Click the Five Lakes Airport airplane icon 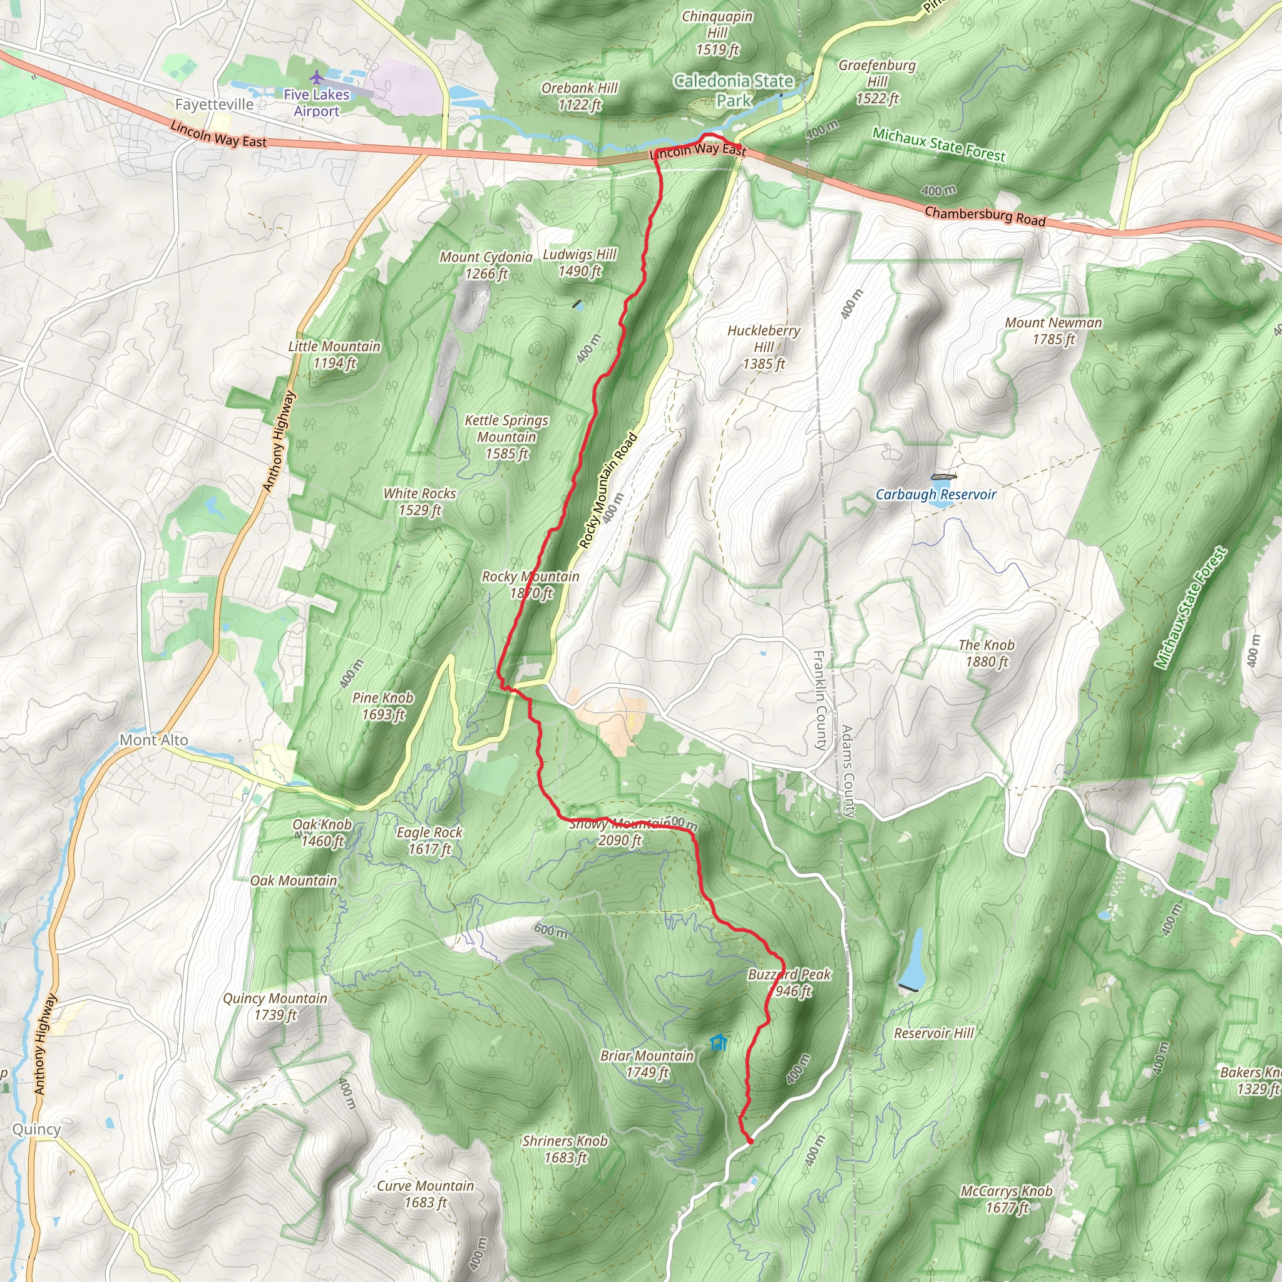pyautogui.click(x=317, y=78)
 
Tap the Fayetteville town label pyautogui.click(x=213, y=105)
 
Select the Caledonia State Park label pyautogui.click(x=734, y=91)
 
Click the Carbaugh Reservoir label pyautogui.click(x=936, y=495)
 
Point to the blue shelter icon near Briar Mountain pyautogui.click(x=718, y=1042)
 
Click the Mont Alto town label pyautogui.click(x=153, y=740)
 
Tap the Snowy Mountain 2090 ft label pyautogui.click(x=620, y=832)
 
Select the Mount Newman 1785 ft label pyautogui.click(x=1053, y=331)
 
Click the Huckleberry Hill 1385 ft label pyautogui.click(x=764, y=346)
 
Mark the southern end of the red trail pyautogui.click(x=751, y=1141)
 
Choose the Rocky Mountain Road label pyautogui.click(x=608, y=490)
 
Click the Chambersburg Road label pyautogui.click(x=985, y=217)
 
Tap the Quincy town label pyautogui.click(x=36, y=1129)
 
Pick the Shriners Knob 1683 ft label pyautogui.click(x=565, y=1149)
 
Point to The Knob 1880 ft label pyautogui.click(x=986, y=653)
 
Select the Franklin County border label pyautogui.click(x=820, y=700)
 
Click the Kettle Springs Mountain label pyautogui.click(x=506, y=437)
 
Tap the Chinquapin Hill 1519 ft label pyautogui.click(x=717, y=33)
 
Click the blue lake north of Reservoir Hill pyautogui.click(x=913, y=958)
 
